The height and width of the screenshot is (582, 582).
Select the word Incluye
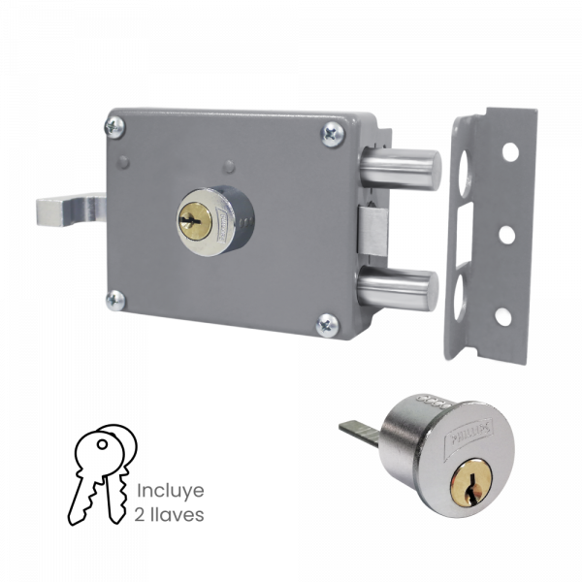coord(170,489)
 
